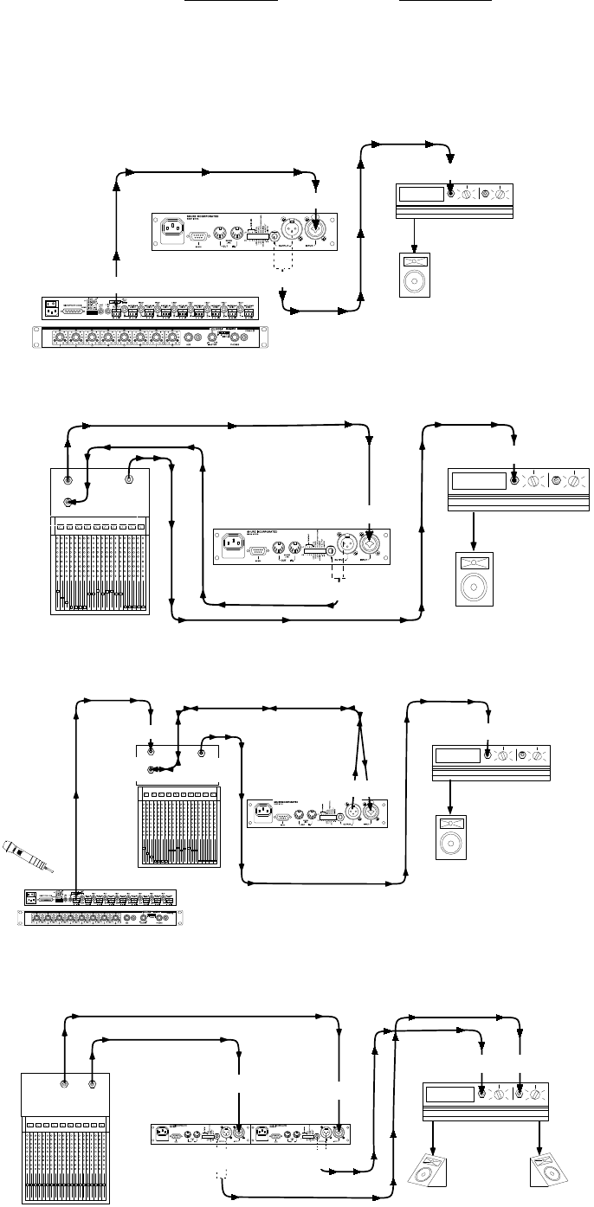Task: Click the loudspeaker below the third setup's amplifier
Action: (450, 836)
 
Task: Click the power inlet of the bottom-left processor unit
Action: (160, 1133)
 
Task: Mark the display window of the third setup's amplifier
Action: (458, 755)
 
